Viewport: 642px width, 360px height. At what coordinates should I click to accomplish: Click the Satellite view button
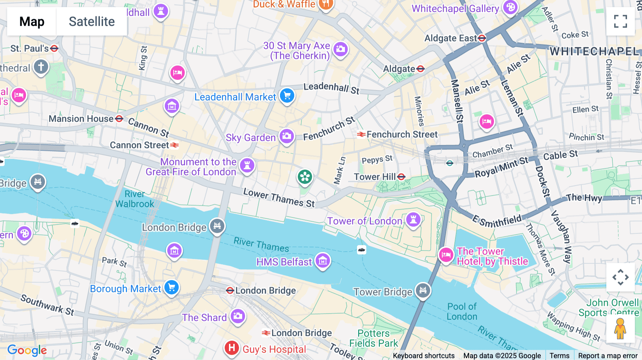[x=92, y=21]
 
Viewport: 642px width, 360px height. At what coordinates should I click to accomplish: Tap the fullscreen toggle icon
[x=620, y=21]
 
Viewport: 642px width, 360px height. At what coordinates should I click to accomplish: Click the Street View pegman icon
[x=620, y=328]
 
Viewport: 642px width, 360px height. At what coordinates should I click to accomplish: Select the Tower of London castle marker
[x=413, y=219]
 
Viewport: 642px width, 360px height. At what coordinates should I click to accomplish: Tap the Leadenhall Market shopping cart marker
[x=287, y=96]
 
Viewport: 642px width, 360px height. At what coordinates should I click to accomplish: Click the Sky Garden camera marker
[x=286, y=136]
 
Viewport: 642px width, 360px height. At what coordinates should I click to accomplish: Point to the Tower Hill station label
[x=375, y=177]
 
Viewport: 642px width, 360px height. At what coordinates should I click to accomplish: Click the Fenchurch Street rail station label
[x=402, y=134]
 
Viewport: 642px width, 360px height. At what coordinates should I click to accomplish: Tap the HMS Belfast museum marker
[x=323, y=261]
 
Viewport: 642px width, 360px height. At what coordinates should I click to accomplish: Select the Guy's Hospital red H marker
[x=231, y=348]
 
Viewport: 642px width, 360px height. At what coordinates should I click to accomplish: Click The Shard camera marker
[x=238, y=316]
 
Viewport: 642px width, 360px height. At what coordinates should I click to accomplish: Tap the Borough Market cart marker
[x=172, y=287]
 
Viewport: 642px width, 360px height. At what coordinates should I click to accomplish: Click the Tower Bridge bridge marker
[x=423, y=290]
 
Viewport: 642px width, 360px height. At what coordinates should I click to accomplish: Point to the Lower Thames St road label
[x=279, y=198]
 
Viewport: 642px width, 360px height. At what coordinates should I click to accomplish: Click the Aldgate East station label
[x=451, y=38]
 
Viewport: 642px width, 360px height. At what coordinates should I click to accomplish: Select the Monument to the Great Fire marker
[x=247, y=165]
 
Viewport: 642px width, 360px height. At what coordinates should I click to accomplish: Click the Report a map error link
[x=607, y=355]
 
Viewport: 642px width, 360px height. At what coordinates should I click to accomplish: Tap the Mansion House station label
[x=81, y=119]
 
